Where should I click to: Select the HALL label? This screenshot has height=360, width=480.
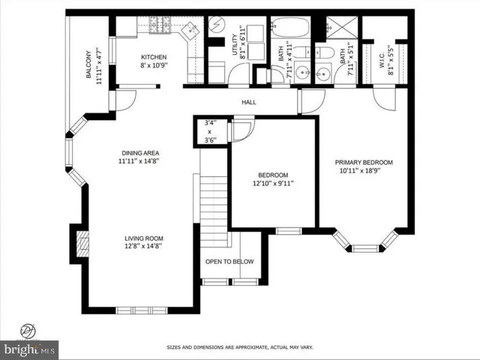point(249,102)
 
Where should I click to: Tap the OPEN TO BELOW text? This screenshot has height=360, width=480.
point(229,262)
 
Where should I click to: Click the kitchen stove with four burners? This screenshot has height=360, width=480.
point(160,28)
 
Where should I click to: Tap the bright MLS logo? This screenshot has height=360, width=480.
point(30,349)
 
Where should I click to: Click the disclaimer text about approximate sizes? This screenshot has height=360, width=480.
point(239,347)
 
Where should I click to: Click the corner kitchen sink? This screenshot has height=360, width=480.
point(190,31)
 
